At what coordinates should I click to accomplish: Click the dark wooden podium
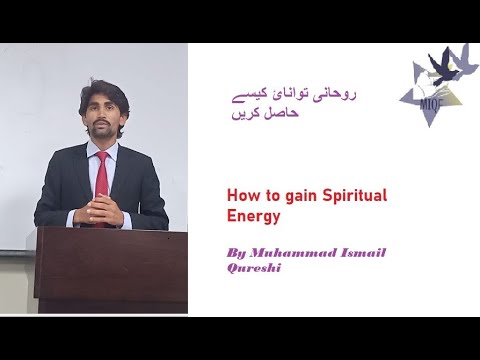coord(111,270)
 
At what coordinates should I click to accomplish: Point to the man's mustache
coord(100,123)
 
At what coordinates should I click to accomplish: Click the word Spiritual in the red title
coord(355,196)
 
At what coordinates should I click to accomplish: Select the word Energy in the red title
coord(253,217)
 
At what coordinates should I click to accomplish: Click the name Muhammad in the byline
coord(293,253)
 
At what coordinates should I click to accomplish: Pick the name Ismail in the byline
coord(363,253)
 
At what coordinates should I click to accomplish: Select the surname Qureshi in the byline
coord(254,268)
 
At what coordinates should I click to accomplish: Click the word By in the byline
coord(236,253)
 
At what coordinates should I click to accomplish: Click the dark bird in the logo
coord(443,68)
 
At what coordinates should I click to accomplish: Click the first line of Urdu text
coord(294,95)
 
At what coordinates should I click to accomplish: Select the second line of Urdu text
coord(265,114)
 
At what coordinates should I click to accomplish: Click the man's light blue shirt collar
coord(102,149)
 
